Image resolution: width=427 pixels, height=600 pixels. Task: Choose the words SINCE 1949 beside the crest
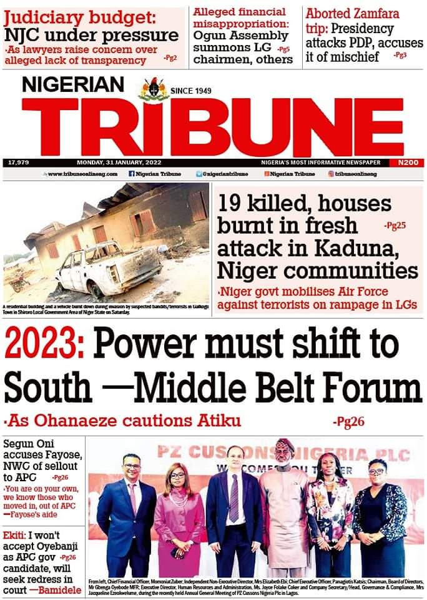[x=191, y=91]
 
